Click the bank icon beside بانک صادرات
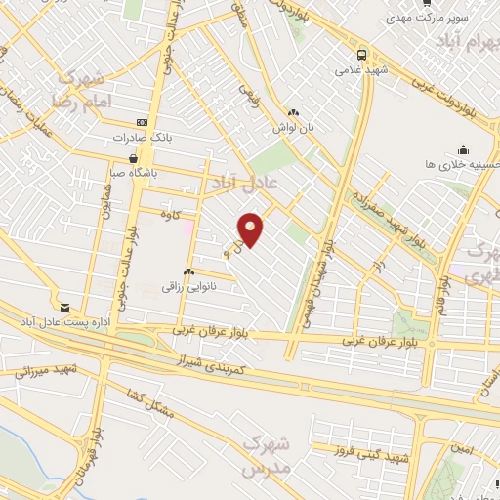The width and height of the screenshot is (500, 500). click(x=143, y=122)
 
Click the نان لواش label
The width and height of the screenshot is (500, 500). click(x=294, y=128)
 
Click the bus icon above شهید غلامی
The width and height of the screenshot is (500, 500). click(x=362, y=55)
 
